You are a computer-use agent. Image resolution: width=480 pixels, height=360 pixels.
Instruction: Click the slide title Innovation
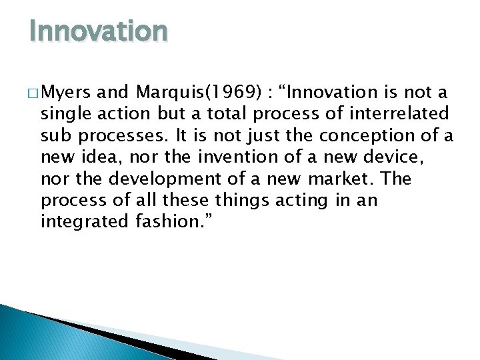(x=98, y=31)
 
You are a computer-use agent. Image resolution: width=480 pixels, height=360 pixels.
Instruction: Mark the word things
(x=230, y=201)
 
